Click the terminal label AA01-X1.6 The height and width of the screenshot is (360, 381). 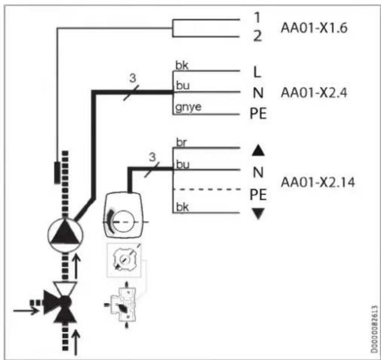click(314, 28)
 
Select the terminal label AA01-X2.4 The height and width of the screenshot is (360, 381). click(314, 93)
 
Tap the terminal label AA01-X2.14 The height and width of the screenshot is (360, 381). click(317, 182)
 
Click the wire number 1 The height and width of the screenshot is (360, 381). click(257, 18)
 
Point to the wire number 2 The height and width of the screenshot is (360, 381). click(258, 36)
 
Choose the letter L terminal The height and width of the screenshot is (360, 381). click(257, 72)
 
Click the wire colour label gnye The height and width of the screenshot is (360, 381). click(189, 107)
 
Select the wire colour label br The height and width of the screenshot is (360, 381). click(181, 143)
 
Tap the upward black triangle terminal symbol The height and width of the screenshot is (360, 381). click(258, 150)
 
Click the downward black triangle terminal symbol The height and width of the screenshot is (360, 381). click(258, 214)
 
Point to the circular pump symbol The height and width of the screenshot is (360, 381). click(65, 235)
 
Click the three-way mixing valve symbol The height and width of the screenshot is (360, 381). click(61, 303)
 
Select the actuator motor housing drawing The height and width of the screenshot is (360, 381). click(123, 215)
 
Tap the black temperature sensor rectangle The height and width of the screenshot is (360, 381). click(57, 173)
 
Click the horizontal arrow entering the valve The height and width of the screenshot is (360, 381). click(26, 311)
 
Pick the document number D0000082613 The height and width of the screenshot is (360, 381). click(374, 329)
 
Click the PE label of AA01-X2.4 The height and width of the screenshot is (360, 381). click(258, 114)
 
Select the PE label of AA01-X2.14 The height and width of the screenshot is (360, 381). click(258, 195)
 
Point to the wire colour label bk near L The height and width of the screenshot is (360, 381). click(182, 66)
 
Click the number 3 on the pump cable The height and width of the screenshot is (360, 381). click(133, 78)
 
